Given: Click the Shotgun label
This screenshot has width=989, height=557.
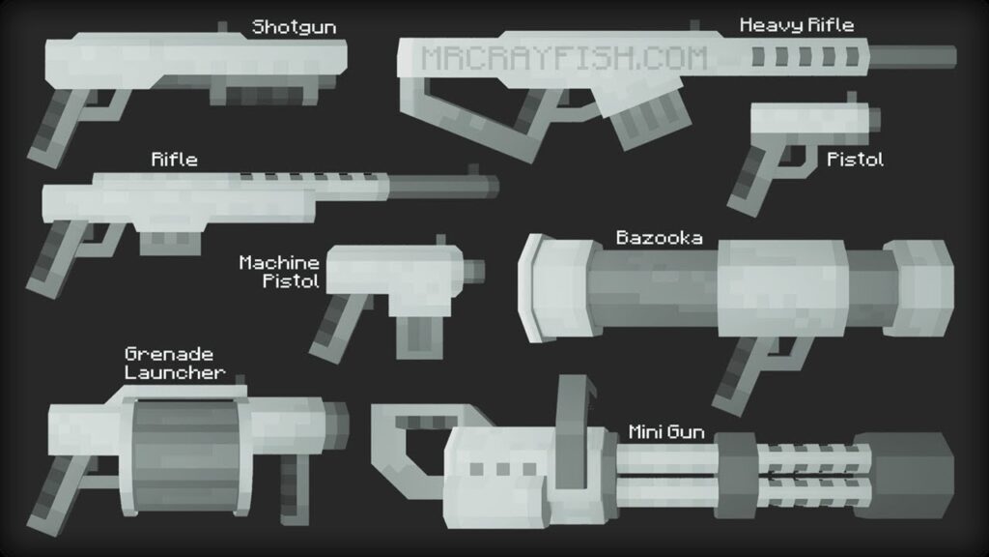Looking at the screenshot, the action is (x=294, y=27).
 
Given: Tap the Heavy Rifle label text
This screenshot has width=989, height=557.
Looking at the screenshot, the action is (x=797, y=25).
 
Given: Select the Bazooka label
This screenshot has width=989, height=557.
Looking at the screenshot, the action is (x=659, y=238).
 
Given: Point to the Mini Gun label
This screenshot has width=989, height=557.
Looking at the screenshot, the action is (x=666, y=432).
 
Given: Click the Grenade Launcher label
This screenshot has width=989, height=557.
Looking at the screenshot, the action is (x=174, y=364).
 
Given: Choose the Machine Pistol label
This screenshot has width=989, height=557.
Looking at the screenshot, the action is (x=279, y=272).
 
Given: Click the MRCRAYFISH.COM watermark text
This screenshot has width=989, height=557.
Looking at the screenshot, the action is (x=564, y=59).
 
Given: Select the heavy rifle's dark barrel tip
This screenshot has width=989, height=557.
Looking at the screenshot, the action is (x=913, y=57).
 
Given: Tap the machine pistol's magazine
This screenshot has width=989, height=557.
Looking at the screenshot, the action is (x=419, y=337).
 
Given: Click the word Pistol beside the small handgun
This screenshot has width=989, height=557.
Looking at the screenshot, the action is (x=856, y=160).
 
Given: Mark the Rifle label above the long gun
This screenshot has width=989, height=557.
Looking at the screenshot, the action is (x=174, y=160).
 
